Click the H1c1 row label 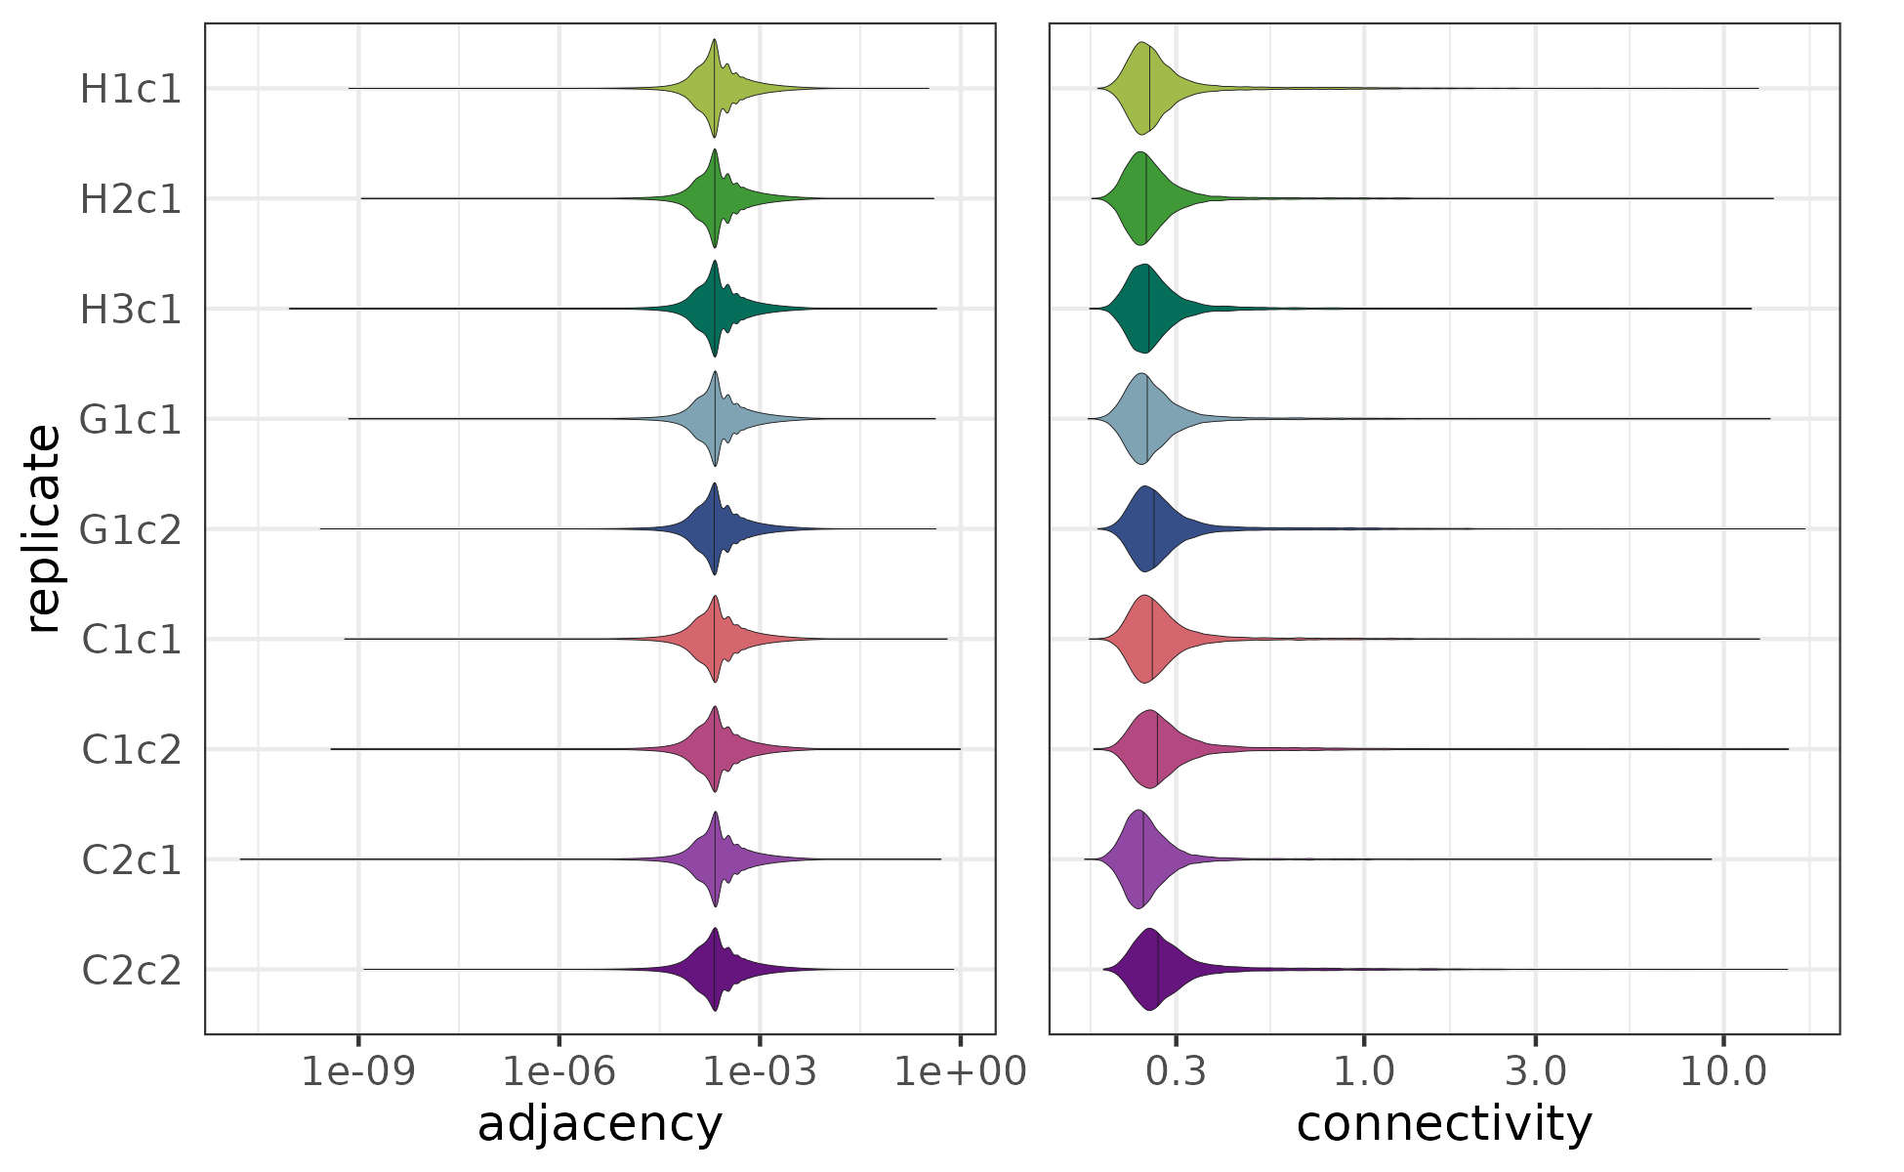pyautogui.click(x=131, y=89)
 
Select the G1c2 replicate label pyautogui.click(x=131, y=529)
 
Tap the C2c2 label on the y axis pyautogui.click(x=131, y=971)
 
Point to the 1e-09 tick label pyautogui.click(x=358, y=1071)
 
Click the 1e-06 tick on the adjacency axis pyautogui.click(x=559, y=1071)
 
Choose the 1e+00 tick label pyautogui.click(x=961, y=1071)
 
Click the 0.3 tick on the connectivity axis pyautogui.click(x=1176, y=1071)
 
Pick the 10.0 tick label pyautogui.click(x=1723, y=1071)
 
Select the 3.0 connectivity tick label pyautogui.click(x=1535, y=1071)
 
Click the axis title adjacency pyautogui.click(x=600, y=1124)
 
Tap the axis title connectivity pyautogui.click(x=1444, y=1124)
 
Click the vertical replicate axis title pyautogui.click(x=43, y=528)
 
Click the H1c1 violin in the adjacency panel pyautogui.click(x=716, y=89)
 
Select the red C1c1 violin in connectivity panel pyautogui.click(x=1147, y=639)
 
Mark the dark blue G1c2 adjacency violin pyautogui.click(x=716, y=529)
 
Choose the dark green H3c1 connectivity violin pyautogui.click(x=1144, y=309)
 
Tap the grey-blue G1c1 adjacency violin pyautogui.click(x=716, y=419)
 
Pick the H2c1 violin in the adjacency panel pyautogui.click(x=716, y=198)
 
